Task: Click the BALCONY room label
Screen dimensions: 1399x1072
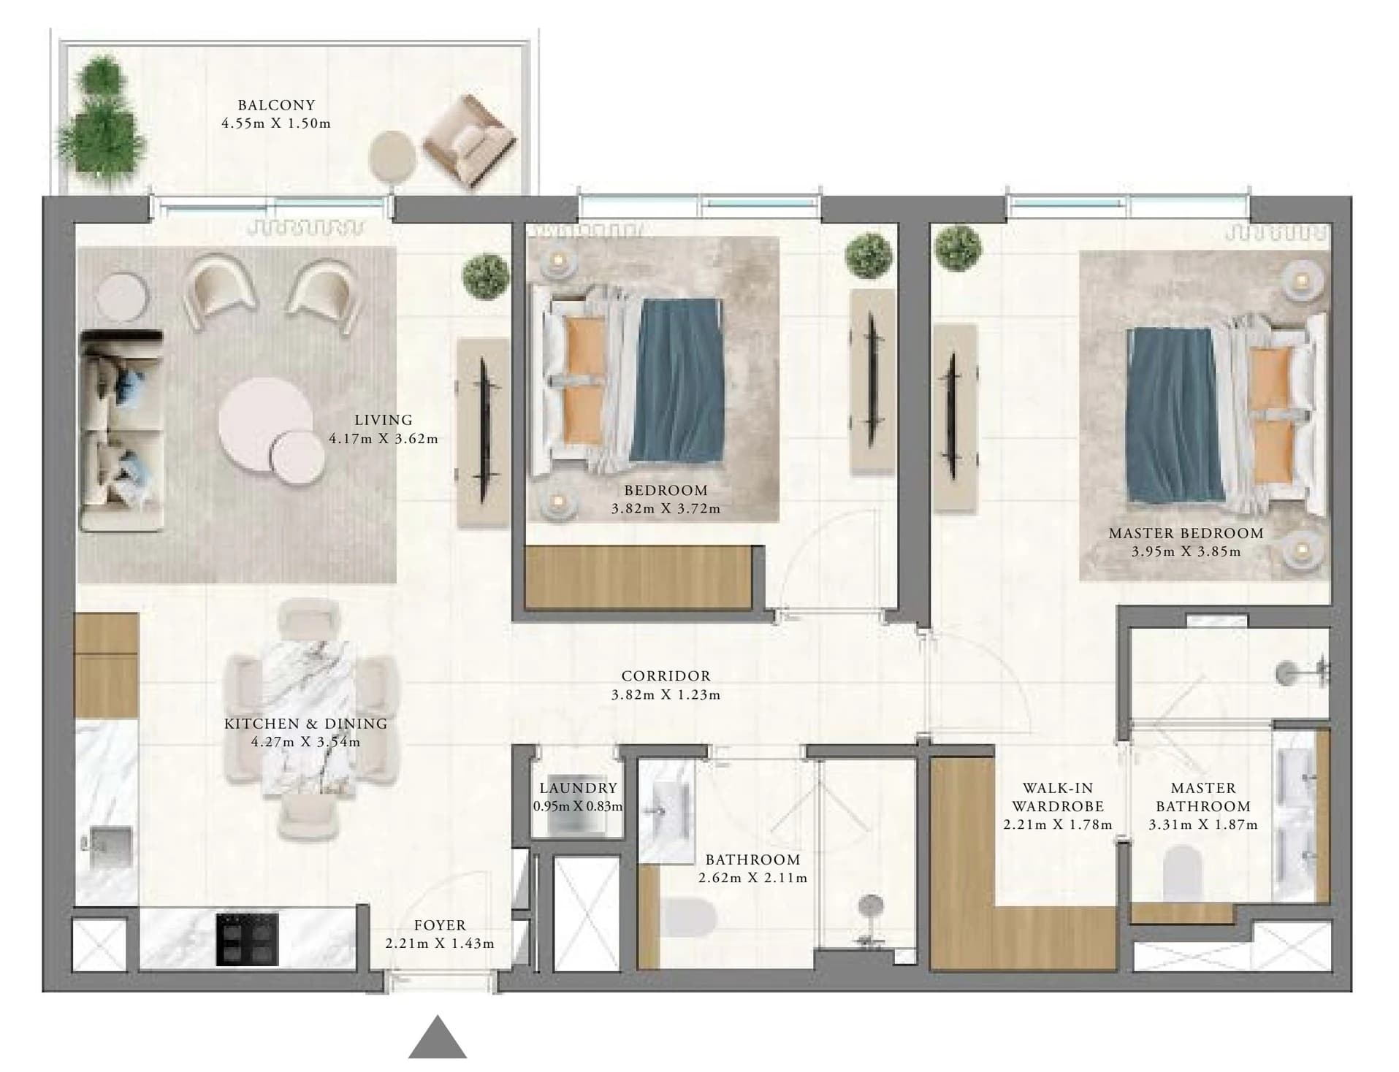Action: click(276, 105)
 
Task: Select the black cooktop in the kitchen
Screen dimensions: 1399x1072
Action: click(247, 938)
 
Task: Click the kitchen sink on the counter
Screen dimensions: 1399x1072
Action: click(110, 847)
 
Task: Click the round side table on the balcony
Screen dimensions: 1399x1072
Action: click(392, 155)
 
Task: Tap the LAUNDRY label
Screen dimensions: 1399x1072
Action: click(578, 788)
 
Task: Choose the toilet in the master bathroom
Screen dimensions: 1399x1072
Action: click(1182, 873)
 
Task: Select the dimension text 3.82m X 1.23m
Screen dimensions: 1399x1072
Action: click(666, 694)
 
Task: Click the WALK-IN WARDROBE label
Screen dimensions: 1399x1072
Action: click(1058, 797)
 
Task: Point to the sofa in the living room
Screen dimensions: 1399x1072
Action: click(121, 431)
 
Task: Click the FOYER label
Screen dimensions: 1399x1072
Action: click(440, 925)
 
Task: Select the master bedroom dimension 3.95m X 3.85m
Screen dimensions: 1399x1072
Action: click(1186, 551)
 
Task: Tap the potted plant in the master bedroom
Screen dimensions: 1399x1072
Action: click(957, 248)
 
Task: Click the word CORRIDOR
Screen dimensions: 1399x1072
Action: click(666, 676)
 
